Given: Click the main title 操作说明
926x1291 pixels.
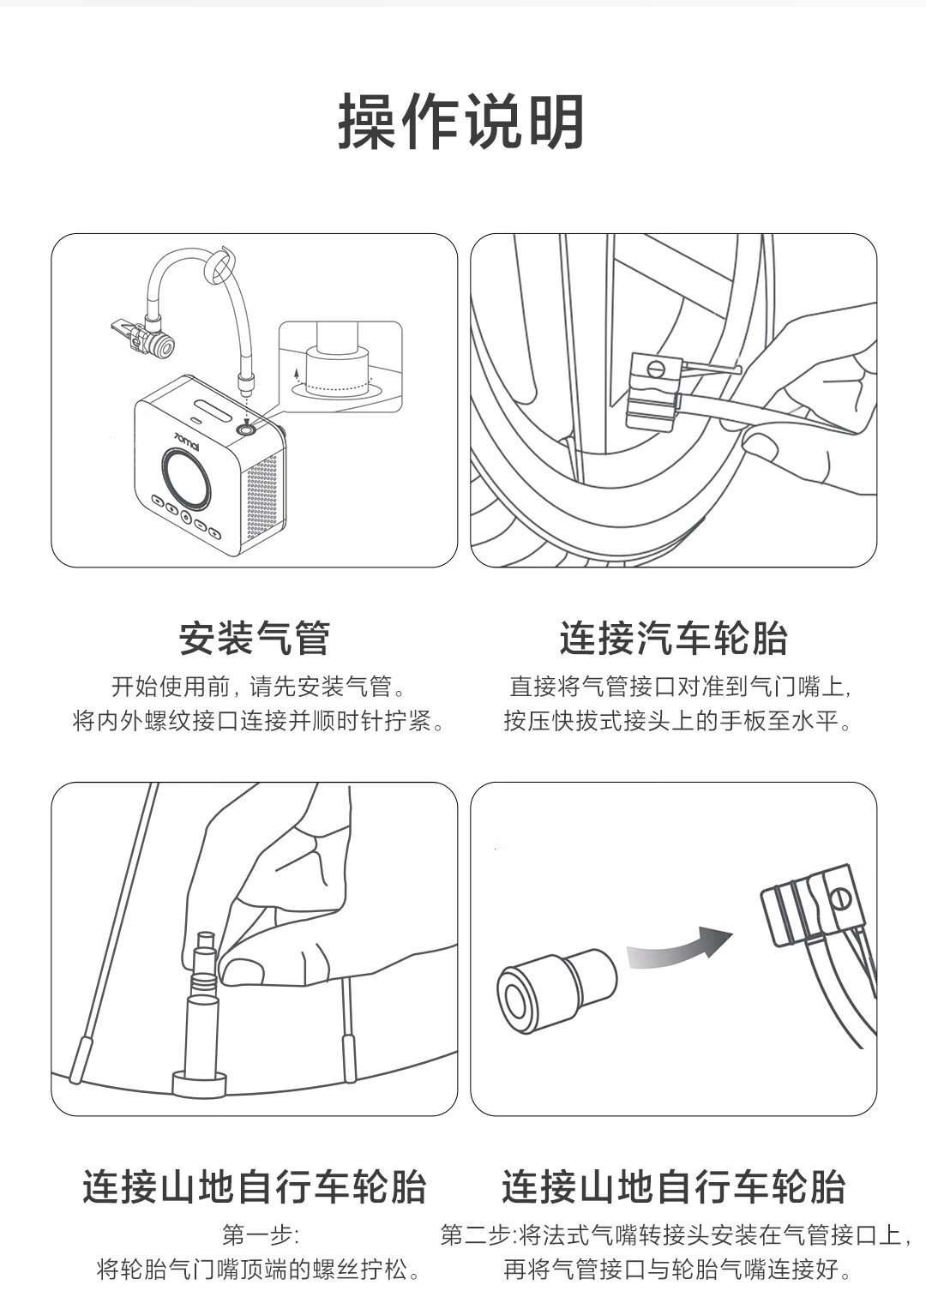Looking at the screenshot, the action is coord(460,122).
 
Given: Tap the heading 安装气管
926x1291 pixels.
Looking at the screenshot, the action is coord(255,638).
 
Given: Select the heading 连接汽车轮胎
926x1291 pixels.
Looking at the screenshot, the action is coord(673,638).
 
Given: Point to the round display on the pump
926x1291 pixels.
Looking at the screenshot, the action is coord(186,480).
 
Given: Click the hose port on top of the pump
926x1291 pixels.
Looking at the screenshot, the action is coord(247,430).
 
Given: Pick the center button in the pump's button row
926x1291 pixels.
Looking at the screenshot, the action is coord(186,518).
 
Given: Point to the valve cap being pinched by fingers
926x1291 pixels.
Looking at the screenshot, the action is coord(206,942).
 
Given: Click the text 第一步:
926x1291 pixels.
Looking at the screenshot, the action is coord(261,1235).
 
